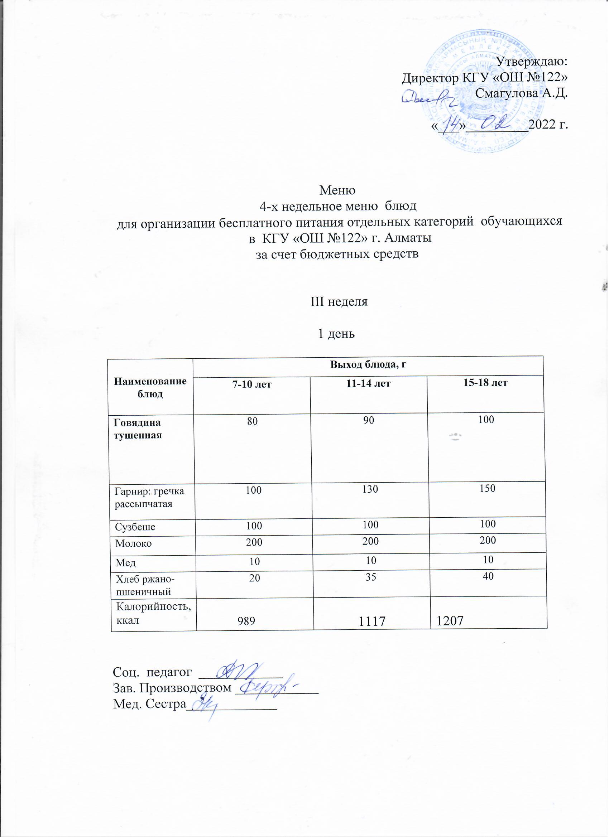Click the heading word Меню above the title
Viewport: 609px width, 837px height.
click(x=337, y=191)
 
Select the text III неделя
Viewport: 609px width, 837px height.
click(x=338, y=302)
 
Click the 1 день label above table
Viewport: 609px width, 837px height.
click(x=336, y=334)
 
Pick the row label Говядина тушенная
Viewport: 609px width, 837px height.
click(x=138, y=428)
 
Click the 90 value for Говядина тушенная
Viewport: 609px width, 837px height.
click(x=369, y=420)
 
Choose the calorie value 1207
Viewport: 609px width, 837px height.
click(x=450, y=621)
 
